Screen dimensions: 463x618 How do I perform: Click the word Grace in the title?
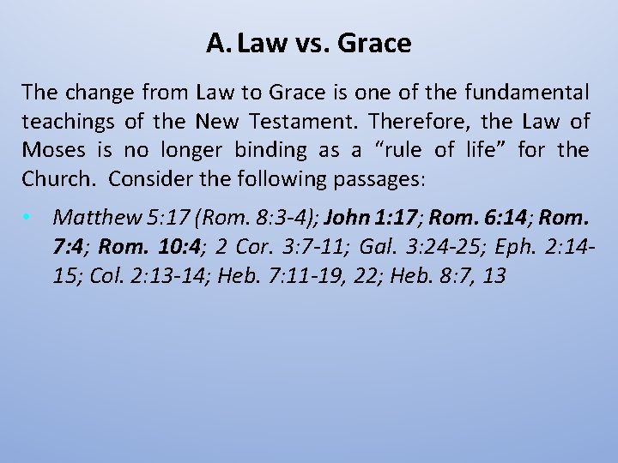375,43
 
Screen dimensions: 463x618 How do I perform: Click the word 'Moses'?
53,150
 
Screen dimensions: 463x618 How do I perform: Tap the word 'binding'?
270,150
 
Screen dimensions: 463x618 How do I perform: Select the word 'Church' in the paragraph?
52,180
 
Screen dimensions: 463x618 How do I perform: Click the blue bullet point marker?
28,218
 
